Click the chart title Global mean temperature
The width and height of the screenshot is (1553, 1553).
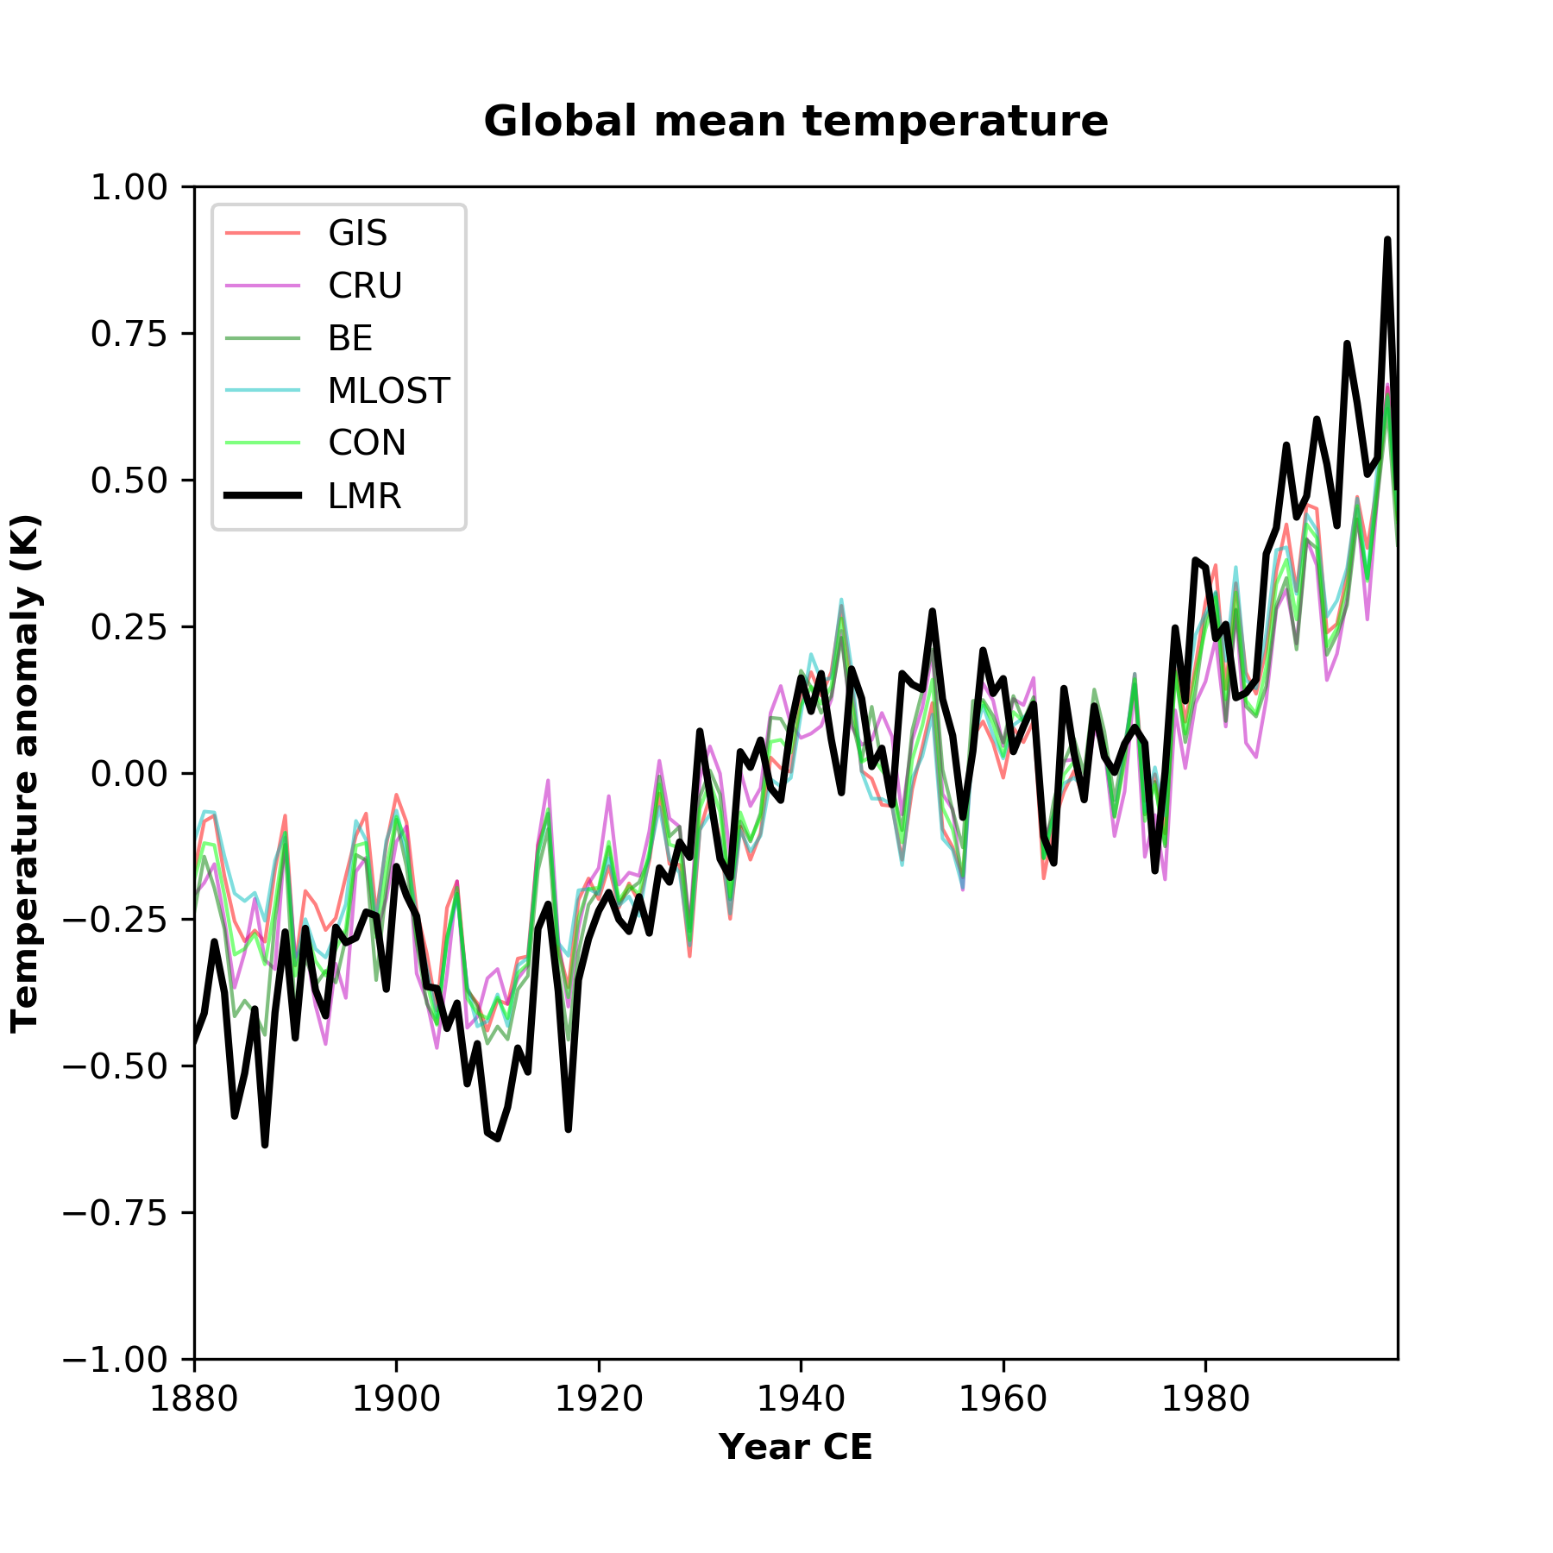click(x=795, y=121)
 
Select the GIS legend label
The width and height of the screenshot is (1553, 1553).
click(x=357, y=233)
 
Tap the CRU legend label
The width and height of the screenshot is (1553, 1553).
click(x=365, y=286)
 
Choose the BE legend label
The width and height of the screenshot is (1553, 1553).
click(x=350, y=338)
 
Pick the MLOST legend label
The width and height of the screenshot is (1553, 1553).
click(x=388, y=391)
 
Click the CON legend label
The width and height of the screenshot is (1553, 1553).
click(x=367, y=443)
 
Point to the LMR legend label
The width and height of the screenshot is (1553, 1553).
click(x=364, y=496)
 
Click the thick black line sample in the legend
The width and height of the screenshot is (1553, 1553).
click(x=262, y=495)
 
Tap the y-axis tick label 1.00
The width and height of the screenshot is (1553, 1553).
click(x=129, y=187)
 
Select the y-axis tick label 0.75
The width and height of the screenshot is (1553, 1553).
click(x=129, y=334)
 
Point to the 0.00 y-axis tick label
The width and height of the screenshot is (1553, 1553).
click(x=129, y=773)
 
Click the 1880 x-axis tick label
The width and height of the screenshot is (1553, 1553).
click(x=194, y=1399)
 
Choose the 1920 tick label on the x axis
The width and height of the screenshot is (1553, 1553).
click(x=599, y=1399)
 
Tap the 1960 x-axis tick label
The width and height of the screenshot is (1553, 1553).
click(x=1003, y=1399)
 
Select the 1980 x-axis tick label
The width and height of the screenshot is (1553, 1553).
click(x=1205, y=1399)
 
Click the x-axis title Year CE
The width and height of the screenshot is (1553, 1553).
click(x=795, y=1447)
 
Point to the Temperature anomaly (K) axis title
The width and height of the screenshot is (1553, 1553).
click(x=26, y=773)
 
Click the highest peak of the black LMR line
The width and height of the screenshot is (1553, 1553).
click(x=1387, y=240)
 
